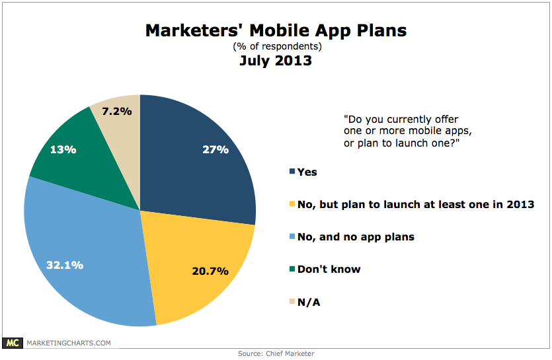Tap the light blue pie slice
coord(88,254)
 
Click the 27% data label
coord(216,149)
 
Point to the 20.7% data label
coord(210,271)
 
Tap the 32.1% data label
coord(65,265)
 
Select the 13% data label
coord(63,149)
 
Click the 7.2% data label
coord(117,111)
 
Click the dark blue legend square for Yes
coord(292,171)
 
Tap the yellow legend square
coord(292,203)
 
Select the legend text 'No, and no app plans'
coord(356,237)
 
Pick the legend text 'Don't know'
coord(329,270)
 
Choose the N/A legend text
coord(309,303)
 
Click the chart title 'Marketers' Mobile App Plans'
coord(276,30)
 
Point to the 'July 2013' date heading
coord(276,61)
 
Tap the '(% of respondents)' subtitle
coord(277,46)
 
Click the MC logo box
coord(13,343)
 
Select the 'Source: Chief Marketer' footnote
coord(276,353)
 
